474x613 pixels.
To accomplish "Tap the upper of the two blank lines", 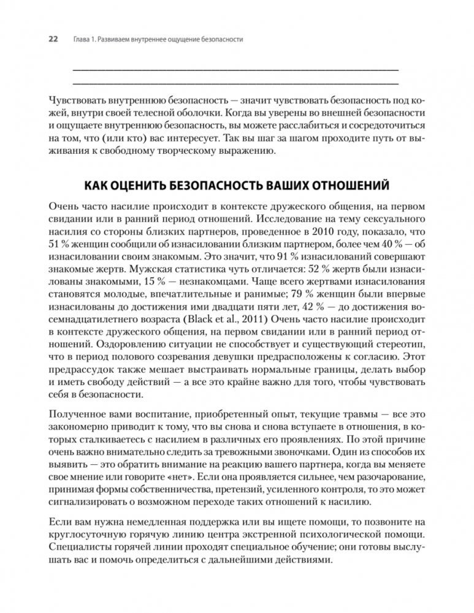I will (235, 67).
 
